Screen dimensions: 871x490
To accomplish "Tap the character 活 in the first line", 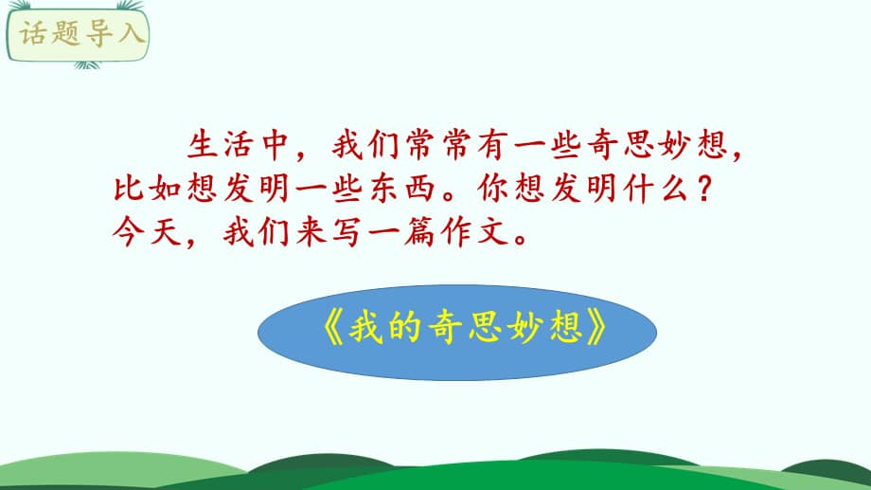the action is (239, 145).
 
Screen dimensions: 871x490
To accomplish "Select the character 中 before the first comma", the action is (275, 145).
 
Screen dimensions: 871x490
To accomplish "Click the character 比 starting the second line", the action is (129, 189).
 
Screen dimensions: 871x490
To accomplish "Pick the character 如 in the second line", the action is (166, 189).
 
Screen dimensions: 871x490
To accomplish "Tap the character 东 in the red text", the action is (383, 189).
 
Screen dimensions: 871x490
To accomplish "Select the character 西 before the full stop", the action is (419, 189).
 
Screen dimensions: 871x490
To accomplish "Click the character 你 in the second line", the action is (492, 189).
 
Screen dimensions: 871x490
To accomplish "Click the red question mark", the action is (703, 189).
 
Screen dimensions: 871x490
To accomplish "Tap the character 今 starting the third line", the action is (129, 232).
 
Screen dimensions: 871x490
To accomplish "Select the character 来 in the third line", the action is (311, 232).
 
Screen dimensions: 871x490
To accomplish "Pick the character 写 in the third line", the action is (347, 232).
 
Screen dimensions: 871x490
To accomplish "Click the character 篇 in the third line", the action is (419, 232).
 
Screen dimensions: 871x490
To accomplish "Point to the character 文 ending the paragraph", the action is (492, 232).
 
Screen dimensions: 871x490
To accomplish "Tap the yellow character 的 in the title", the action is (405, 327).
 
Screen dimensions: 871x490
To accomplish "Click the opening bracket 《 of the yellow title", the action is (334, 328).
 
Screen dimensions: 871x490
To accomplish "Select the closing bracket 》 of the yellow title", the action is (595, 328).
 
